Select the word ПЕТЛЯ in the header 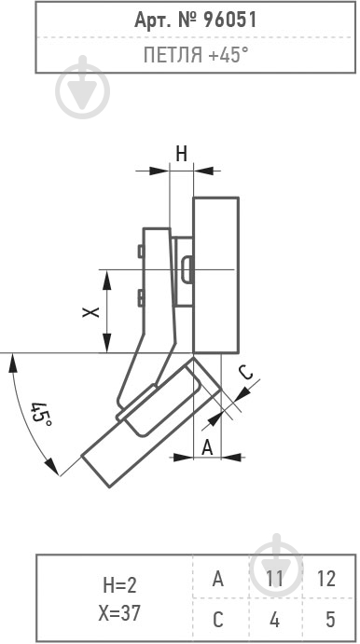[173, 55]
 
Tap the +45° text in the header [228, 55]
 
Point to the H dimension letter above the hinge [182, 154]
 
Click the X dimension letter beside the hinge [90, 312]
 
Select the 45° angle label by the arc [42, 414]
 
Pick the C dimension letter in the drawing [246, 373]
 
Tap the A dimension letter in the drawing [208, 447]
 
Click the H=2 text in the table [119, 585]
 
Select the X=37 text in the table [119, 613]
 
